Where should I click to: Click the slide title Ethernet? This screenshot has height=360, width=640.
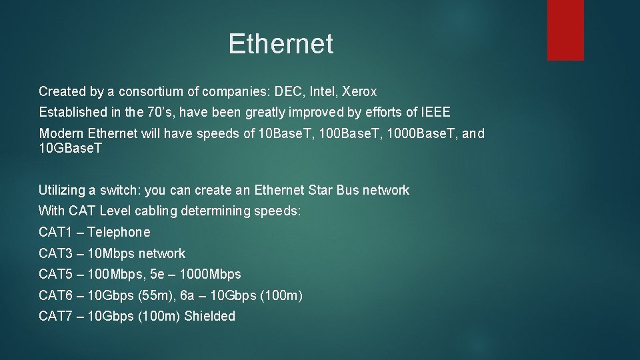280,44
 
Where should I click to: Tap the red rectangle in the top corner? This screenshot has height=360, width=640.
565,29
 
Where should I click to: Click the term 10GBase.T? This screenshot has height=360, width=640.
71,148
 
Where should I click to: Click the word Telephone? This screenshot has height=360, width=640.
119,233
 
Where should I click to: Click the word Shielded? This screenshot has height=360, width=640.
209,316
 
